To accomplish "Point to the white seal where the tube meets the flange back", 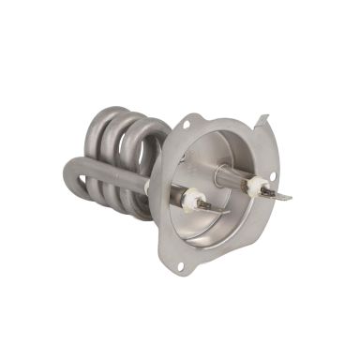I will pyautogui.click(x=148, y=187).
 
